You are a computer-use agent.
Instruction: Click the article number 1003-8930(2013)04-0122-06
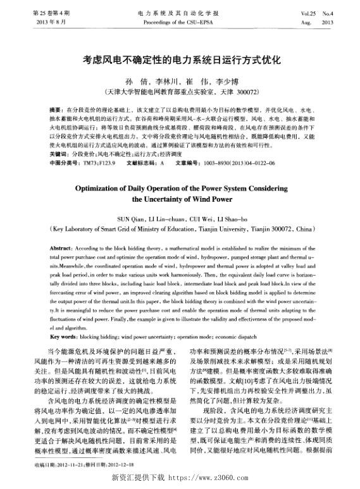[235, 163]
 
